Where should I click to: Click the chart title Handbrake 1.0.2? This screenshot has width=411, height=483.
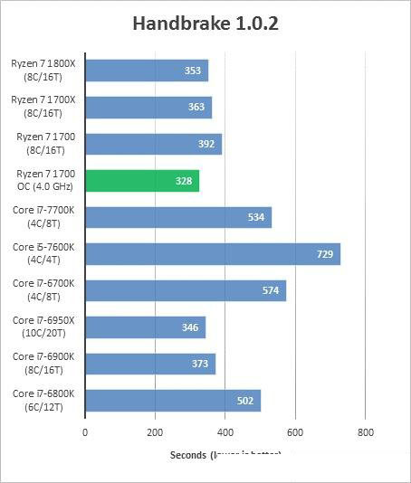click(x=205, y=23)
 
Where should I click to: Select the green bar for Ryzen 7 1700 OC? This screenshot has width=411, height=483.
click(x=142, y=181)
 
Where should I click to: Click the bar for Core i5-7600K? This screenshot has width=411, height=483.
click(x=212, y=254)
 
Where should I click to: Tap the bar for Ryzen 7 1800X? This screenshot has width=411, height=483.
click(x=147, y=71)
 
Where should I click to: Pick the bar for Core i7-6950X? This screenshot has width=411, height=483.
click(x=145, y=327)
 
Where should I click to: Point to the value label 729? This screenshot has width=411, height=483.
click(x=325, y=254)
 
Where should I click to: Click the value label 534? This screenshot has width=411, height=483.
click(x=256, y=218)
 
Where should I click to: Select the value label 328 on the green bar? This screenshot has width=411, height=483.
click(x=185, y=181)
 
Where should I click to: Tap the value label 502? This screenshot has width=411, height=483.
click(x=245, y=401)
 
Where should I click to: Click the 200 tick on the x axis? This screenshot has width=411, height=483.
click(x=155, y=432)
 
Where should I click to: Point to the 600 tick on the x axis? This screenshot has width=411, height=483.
click(x=294, y=432)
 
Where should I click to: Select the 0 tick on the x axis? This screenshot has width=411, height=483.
click(x=85, y=432)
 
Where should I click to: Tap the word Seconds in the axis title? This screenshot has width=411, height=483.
click(x=188, y=454)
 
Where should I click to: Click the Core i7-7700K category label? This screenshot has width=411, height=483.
click(x=43, y=217)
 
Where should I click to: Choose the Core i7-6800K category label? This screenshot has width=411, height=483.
click(x=43, y=400)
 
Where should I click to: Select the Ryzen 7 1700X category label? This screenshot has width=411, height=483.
click(x=43, y=107)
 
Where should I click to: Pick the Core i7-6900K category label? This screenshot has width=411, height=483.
click(x=43, y=364)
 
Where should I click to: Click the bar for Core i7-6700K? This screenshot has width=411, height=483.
click(x=185, y=290)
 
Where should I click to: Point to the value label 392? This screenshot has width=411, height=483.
click(x=207, y=144)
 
